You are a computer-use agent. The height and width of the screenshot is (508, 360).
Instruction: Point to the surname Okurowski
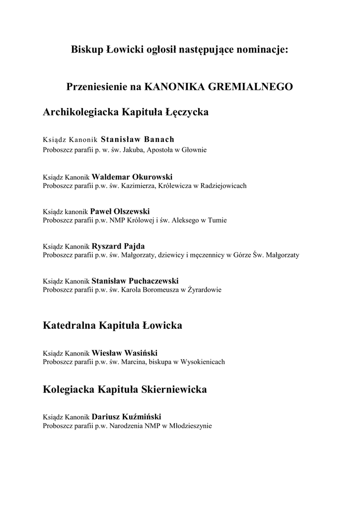152,177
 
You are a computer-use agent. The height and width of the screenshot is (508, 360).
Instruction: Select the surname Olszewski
131,211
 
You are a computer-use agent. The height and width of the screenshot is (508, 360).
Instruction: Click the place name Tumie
218,220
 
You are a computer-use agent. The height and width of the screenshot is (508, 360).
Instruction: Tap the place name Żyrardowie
206,290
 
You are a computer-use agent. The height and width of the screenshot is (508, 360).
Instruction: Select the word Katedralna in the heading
70,326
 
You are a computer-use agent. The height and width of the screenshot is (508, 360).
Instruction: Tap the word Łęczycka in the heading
186,113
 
